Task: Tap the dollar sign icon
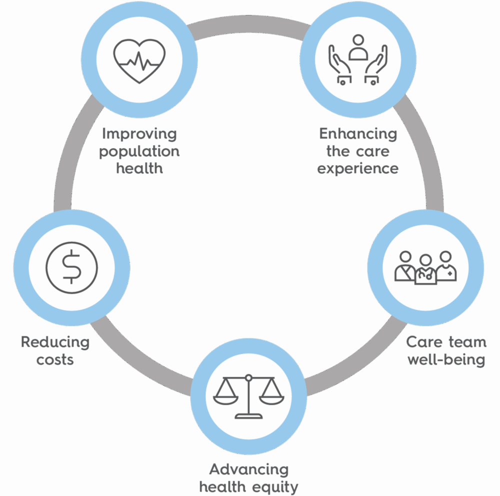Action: point(71,267)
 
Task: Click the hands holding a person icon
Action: point(358,60)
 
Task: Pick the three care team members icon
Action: point(425,268)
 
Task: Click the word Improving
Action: point(139,135)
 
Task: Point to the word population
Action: point(139,152)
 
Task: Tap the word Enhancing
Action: point(358,134)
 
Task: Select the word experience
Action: point(358,168)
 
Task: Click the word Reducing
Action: point(55,343)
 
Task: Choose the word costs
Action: point(55,359)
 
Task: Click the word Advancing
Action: point(248,469)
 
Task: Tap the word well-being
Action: point(446,359)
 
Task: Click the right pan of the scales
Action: point(273,399)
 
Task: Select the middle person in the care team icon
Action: point(425,271)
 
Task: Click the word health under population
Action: point(139,168)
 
